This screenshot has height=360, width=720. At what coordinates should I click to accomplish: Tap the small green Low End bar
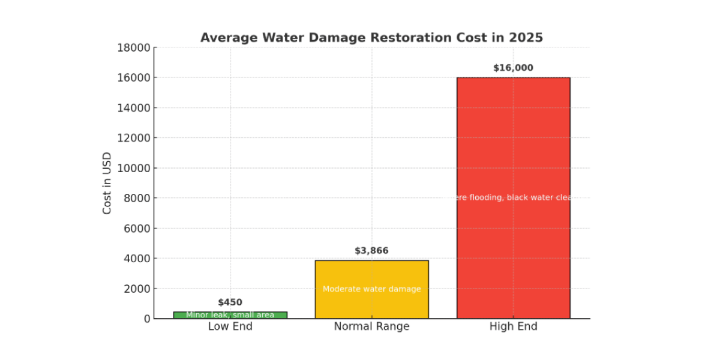click(x=230, y=315)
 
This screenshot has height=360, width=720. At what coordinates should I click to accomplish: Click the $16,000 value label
click(x=513, y=68)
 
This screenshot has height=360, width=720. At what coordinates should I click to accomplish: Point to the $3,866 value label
click(x=371, y=251)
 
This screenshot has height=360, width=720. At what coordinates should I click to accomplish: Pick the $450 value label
click(x=230, y=302)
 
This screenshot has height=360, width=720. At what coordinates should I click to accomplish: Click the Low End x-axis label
click(x=230, y=327)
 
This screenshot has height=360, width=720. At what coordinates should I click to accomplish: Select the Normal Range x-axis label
click(x=371, y=327)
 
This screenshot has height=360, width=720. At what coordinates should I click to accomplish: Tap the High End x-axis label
click(x=513, y=327)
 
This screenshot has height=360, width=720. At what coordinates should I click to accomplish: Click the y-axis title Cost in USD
click(x=107, y=183)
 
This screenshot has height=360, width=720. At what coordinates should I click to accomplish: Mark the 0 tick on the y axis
click(x=146, y=319)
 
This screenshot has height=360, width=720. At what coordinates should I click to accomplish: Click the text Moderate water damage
click(x=371, y=289)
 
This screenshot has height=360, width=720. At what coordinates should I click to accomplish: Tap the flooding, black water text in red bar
click(x=513, y=197)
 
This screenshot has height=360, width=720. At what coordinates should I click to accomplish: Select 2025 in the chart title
click(x=526, y=38)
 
